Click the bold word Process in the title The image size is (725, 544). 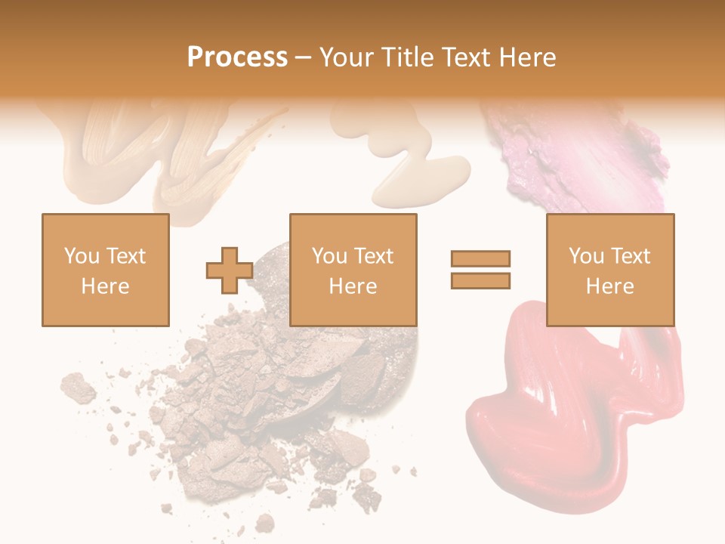[237, 57]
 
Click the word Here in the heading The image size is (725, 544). [526, 57]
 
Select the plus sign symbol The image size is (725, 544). [230, 270]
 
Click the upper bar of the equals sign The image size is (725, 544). [481, 258]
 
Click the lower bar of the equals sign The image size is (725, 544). [481, 280]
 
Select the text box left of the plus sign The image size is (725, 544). [105, 270]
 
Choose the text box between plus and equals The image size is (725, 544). [353, 270]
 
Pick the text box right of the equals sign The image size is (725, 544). [610, 270]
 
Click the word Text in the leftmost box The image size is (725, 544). [125, 256]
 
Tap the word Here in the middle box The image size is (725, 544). [353, 286]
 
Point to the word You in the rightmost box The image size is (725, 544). [586, 256]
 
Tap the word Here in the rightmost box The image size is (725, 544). [610, 286]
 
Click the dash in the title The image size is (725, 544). [303, 57]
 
